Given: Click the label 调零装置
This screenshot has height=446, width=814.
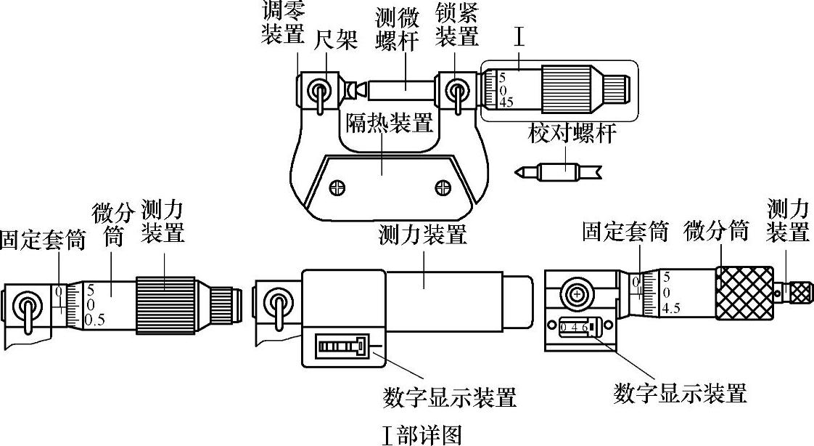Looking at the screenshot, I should [283, 23].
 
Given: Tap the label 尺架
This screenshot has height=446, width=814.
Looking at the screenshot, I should [335, 41].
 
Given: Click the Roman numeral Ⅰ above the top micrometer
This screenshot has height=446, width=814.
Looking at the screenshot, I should [519, 38].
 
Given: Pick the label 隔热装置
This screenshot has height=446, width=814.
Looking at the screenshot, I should [388, 124].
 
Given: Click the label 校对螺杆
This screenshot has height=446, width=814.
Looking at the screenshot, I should [572, 134].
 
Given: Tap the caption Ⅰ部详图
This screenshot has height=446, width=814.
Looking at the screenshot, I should [422, 434].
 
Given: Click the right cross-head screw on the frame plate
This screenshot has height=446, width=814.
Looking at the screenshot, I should [443, 188].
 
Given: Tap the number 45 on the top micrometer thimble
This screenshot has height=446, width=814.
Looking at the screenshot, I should [506, 103].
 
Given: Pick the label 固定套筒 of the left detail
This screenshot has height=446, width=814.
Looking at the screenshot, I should [42, 240].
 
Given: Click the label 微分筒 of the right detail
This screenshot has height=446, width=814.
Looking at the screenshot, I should [715, 232].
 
